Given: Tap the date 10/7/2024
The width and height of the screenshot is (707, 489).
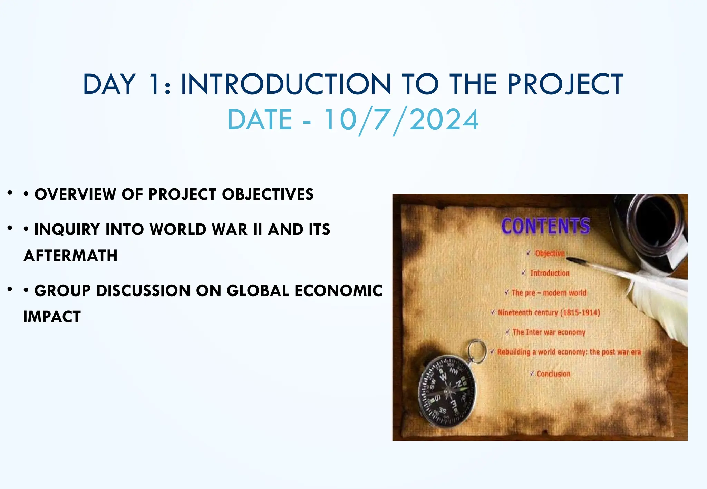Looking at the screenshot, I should pyautogui.click(x=401, y=120).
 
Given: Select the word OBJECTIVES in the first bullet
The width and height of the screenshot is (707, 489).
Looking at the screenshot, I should pyautogui.click(x=268, y=194).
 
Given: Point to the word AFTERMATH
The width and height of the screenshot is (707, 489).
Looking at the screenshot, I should pyautogui.click(x=70, y=256).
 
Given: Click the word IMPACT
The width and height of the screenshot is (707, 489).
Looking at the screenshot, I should pyautogui.click(x=52, y=317).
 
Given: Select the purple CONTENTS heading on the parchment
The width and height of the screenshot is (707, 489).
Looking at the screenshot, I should pyautogui.click(x=545, y=226).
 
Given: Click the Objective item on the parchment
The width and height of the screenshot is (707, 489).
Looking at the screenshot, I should pyautogui.click(x=550, y=253).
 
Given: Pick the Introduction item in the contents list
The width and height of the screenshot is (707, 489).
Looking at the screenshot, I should pyautogui.click(x=550, y=273).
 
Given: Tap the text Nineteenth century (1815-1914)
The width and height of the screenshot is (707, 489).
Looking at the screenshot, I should pyautogui.click(x=549, y=312).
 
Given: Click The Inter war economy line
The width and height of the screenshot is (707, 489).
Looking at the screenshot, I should pyautogui.click(x=549, y=332).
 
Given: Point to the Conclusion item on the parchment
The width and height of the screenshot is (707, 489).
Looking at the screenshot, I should pyautogui.click(x=553, y=374).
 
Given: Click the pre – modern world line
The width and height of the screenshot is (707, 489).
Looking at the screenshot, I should pyautogui.click(x=549, y=293).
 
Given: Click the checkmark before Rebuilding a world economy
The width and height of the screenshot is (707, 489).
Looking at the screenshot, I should pyautogui.click(x=493, y=351).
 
